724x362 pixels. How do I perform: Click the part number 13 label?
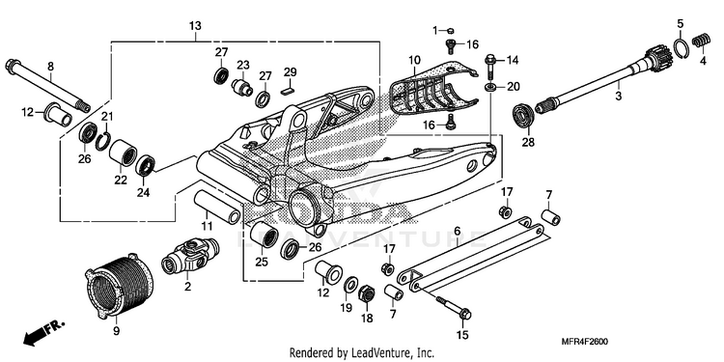(x=195, y=26)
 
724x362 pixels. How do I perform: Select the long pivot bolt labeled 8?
(x=47, y=86)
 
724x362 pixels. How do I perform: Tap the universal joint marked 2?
(x=189, y=256)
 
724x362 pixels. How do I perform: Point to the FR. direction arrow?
(x=43, y=333)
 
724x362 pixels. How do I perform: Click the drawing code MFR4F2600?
(x=584, y=342)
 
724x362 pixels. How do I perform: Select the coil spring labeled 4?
(x=702, y=41)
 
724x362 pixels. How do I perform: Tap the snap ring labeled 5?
(x=682, y=48)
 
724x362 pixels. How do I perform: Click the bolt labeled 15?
(x=453, y=308)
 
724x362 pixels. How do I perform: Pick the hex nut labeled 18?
(x=367, y=292)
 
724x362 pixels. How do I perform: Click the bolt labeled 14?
(x=490, y=66)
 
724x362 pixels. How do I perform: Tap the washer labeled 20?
(x=490, y=86)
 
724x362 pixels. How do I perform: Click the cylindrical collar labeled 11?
(x=217, y=206)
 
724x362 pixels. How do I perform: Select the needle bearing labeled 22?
(x=123, y=152)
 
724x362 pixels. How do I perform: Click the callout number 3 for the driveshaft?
(x=618, y=97)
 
